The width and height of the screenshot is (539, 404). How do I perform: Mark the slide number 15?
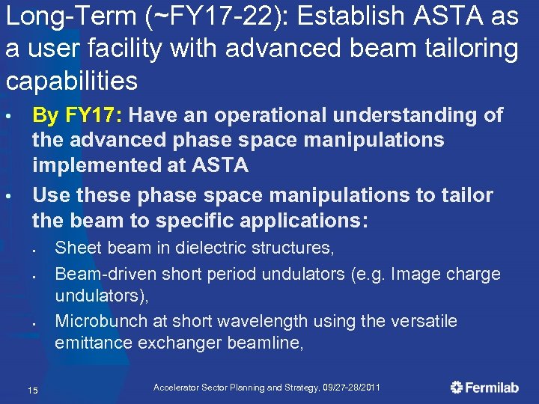tap(32, 389)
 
